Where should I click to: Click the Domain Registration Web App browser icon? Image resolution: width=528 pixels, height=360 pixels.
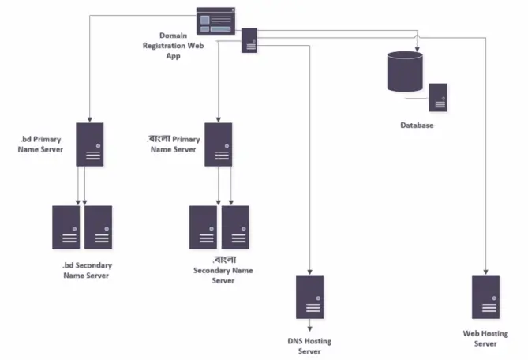215,19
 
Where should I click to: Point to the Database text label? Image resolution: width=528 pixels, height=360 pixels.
417,126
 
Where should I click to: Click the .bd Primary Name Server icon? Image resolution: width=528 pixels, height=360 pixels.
90,144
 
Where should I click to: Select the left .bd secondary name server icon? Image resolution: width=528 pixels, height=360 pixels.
66,228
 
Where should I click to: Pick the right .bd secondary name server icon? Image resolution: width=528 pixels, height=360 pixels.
98,228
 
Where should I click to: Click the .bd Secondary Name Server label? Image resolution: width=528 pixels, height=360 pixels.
86,270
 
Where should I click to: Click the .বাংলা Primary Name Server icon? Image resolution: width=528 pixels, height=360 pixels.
218,144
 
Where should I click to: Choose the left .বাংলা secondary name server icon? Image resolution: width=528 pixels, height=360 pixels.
203,228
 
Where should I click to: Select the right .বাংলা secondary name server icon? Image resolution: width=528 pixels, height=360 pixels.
235,228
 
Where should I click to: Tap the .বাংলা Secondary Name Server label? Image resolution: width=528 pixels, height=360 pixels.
223,269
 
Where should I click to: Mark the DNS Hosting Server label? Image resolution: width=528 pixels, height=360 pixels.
309,346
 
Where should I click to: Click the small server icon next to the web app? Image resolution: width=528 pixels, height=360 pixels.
250,41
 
